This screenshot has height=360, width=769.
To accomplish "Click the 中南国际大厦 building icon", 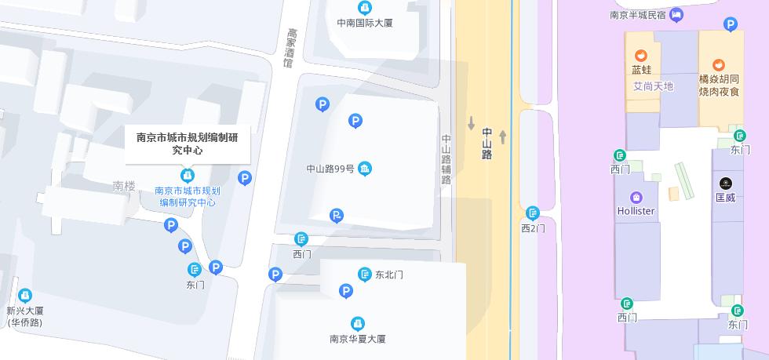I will pos(364,8).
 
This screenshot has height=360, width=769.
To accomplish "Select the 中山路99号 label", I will pos(330,169).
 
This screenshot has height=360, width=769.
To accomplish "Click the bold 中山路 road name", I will pos(487,144).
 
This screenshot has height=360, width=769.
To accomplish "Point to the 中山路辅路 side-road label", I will pos(446,160).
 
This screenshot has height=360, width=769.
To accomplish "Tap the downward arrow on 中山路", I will pos(472,123).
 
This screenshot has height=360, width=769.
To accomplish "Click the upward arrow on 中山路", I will pos(503,137).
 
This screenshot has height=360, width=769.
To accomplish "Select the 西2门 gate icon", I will pos(533,213).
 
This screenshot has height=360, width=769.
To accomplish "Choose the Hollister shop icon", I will pos(636,197).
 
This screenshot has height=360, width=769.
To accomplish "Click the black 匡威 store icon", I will pos(725,184).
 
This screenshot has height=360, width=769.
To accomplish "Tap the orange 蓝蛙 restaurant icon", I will pos(641,55).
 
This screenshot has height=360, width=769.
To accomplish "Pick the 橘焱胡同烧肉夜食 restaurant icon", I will pos(719,65).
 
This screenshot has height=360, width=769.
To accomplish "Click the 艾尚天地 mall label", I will pos(653,86).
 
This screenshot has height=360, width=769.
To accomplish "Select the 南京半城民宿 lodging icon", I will pos(676,14).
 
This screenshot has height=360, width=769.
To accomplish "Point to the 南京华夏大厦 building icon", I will pos(358,323).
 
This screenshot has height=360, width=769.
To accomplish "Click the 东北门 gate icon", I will pos(364,275).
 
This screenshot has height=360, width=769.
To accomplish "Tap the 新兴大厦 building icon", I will pos(25,296).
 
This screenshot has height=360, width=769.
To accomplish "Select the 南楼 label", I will pos(124,186).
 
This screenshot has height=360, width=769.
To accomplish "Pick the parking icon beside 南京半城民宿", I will pos(731,24).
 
